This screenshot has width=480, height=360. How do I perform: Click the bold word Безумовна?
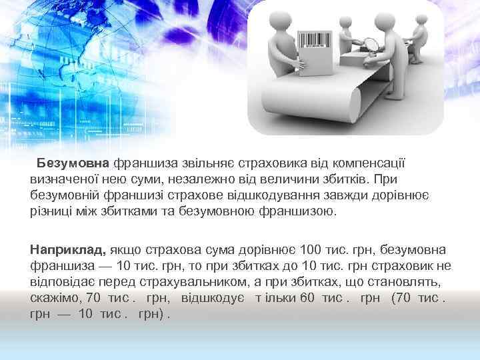(x=73, y=163)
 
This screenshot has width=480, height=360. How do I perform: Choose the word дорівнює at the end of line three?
(x=409, y=196)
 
